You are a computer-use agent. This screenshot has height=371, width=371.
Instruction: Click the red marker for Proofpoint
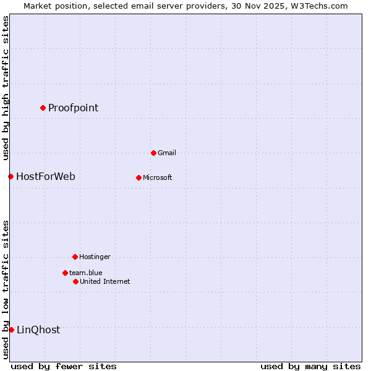point(43,108)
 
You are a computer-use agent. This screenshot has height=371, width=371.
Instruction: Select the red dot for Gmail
point(153,153)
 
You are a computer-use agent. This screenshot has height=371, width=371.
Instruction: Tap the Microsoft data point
point(139,177)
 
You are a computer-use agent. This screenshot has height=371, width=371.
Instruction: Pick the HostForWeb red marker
point(11,177)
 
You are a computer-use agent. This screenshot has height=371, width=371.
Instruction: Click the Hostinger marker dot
point(75,257)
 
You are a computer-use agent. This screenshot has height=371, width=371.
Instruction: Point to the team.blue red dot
point(65,273)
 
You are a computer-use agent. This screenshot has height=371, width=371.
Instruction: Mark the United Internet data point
point(75,281)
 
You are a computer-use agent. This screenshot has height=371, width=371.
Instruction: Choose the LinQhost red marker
point(11,330)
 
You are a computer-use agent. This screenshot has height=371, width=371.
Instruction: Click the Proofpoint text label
point(73,108)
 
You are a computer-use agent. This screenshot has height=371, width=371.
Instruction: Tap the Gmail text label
point(166,153)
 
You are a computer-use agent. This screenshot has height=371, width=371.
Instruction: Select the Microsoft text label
point(157,177)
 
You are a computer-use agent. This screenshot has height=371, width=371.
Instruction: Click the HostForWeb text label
point(46,177)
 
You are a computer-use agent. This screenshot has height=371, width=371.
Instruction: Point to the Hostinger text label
point(95,257)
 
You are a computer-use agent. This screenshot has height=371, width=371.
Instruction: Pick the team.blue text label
point(85,273)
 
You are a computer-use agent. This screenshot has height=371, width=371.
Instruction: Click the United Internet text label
point(104,281)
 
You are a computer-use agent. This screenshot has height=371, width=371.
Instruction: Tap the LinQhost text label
point(38,330)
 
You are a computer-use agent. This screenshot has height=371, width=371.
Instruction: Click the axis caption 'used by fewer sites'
point(64,366)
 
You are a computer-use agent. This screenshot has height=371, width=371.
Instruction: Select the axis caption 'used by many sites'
point(310,366)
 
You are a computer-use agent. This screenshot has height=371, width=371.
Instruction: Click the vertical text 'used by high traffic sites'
point(6,88)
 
